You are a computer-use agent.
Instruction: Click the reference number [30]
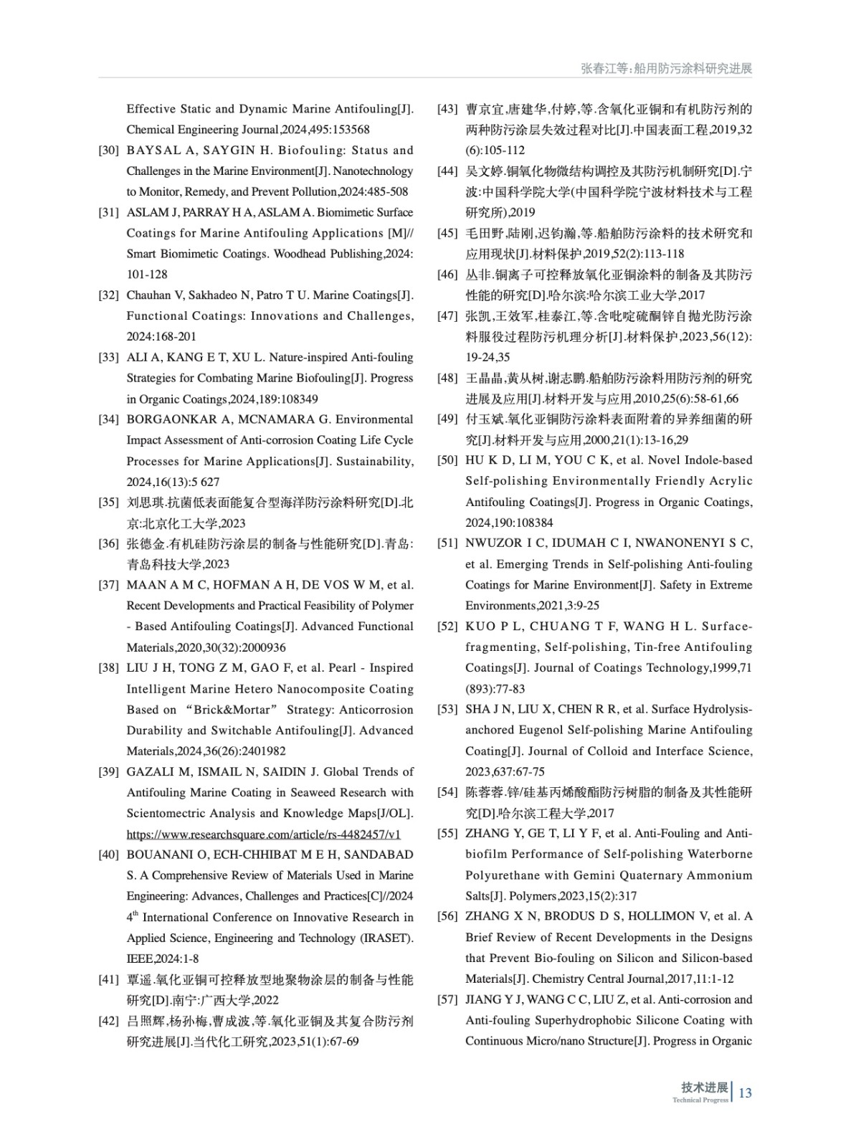(x=108, y=151)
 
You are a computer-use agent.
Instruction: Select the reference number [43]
(x=447, y=109)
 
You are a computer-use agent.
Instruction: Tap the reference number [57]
(x=447, y=999)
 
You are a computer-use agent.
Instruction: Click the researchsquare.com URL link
(x=263, y=834)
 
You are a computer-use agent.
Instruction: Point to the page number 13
(x=745, y=1093)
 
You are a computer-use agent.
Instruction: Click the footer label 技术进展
(x=704, y=1087)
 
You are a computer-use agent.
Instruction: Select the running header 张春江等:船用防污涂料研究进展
(x=666, y=68)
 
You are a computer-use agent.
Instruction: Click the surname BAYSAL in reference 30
(x=151, y=151)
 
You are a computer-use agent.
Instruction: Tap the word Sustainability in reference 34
(x=378, y=461)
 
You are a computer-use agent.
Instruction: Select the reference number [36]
(x=108, y=543)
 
